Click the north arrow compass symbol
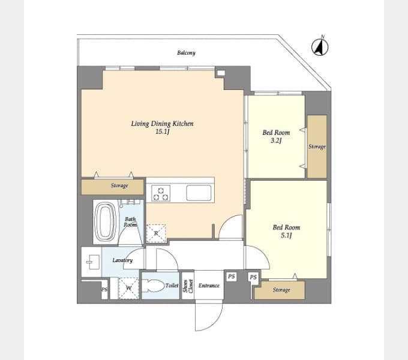coord(320,47)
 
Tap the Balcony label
coord(187,53)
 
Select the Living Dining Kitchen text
coord(162,123)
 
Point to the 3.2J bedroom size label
coord(276,141)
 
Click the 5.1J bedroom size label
coord(286,236)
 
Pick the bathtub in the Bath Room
coord(105,222)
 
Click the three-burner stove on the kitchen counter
coord(161,193)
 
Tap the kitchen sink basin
coord(199,193)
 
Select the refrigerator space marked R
coord(156,233)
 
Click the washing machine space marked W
coord(128,288)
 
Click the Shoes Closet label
coord(188,286)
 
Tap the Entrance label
coord(209,286)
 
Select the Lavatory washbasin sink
coord(91,262)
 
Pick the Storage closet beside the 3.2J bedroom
coord(317,147)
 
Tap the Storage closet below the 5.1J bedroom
coord(280,290)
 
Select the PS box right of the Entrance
coord(232,276)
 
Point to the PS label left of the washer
coord(104,289)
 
